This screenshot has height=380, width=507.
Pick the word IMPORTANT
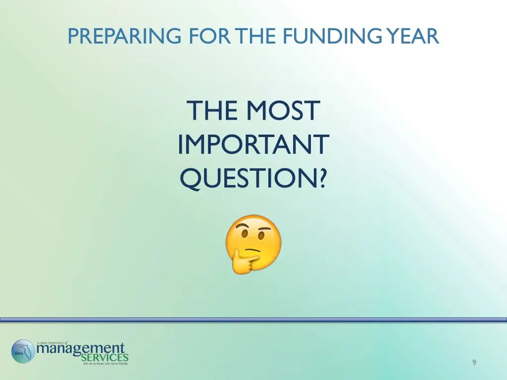tap(253, 144)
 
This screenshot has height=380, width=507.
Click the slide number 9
tap(474, 363)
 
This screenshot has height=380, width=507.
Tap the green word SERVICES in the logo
tap(104, 357)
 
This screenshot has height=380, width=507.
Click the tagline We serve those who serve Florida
tap(105, 364)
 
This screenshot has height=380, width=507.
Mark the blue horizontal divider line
tap(253, 320)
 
